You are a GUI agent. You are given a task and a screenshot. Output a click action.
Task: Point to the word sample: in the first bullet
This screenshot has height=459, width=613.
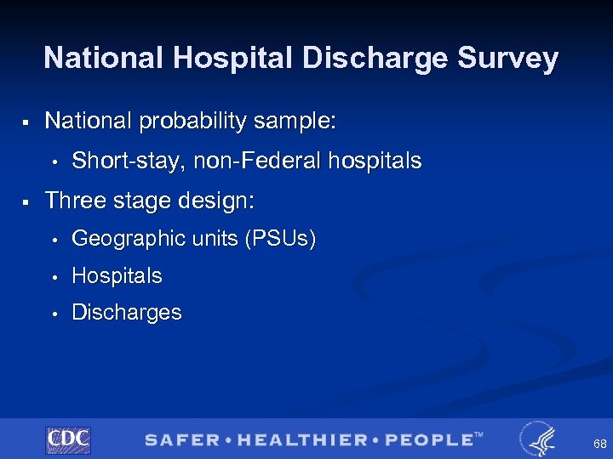pyautogui.click(x=297, y=122)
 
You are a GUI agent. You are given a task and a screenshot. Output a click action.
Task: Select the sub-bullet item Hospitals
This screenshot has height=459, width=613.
pyautogui.click(x=117, y=276)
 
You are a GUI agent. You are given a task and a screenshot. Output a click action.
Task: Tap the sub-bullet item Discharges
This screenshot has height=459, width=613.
pyautogui.click(x=127, y=313)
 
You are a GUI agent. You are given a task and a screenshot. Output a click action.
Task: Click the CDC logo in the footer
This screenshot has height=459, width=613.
pyautogui.click(x=68, y=439)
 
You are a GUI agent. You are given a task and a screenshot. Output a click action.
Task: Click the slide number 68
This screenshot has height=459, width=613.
pyautogui.click(x=600, y=445)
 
